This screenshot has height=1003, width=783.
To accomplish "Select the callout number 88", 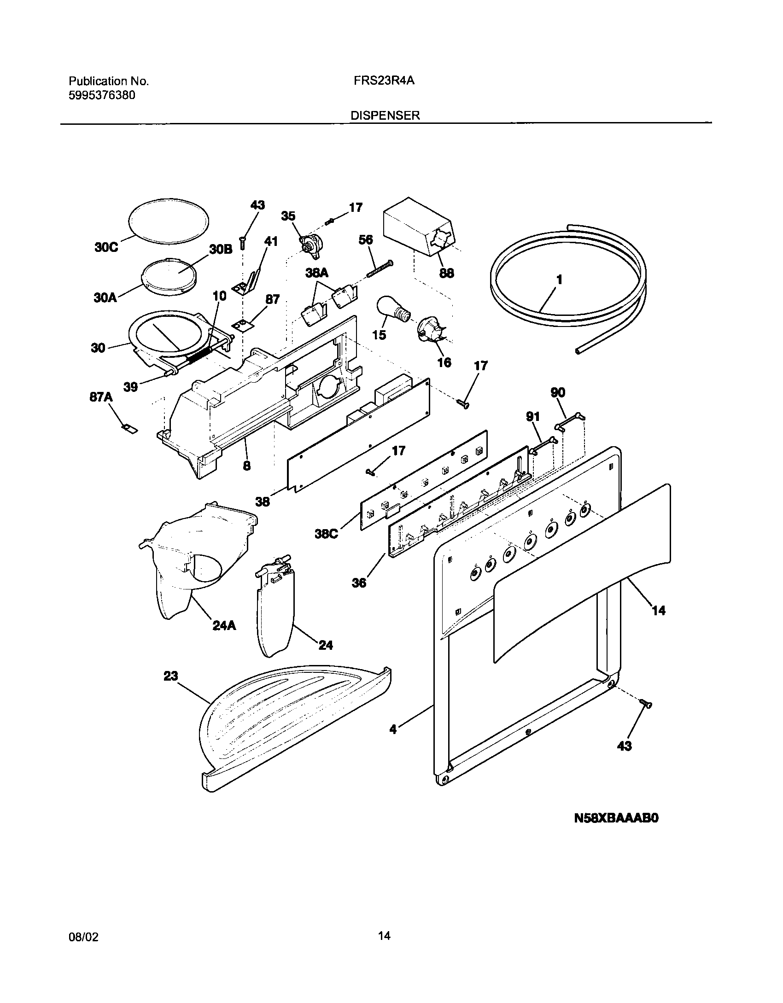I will [446, 273].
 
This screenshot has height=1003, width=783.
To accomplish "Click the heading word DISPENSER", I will [385, 116].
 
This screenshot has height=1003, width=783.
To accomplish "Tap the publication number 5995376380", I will [102, 95].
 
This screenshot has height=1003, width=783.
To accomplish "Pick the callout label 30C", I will [106, 247].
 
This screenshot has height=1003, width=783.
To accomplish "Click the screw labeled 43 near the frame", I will [646, 703].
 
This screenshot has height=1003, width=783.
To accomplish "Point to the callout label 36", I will [359, 583].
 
